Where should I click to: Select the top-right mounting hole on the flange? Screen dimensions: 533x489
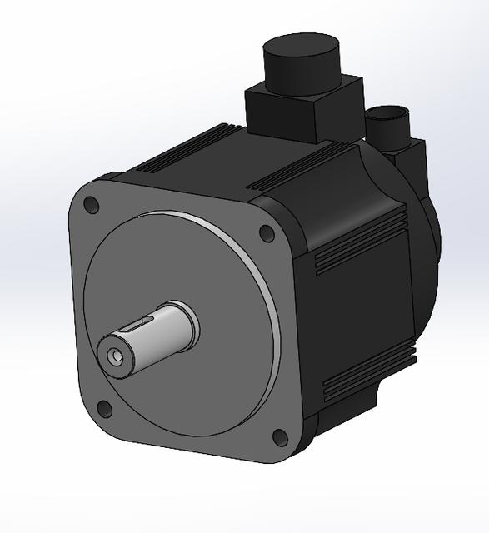coord(267,233)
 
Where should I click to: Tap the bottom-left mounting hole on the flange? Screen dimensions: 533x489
coord(104,408)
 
